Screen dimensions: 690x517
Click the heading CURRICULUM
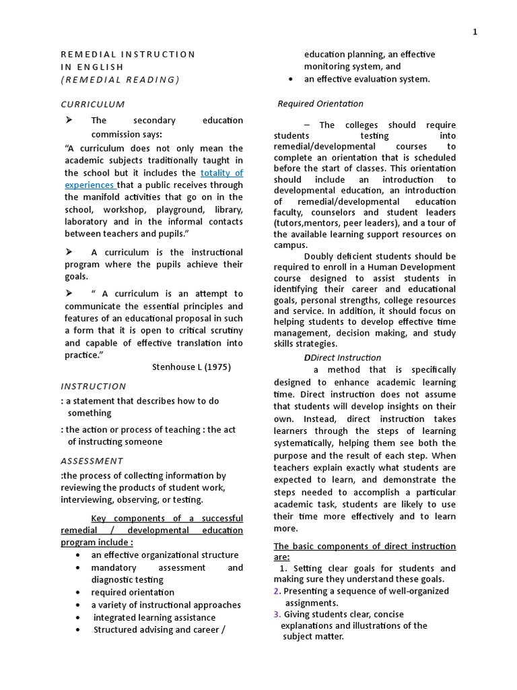coord(93,104)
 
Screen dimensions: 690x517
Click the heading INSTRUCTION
coord(93,386)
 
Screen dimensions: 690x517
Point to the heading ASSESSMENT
coord(92,461)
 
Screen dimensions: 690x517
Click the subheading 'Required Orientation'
coord(320,104)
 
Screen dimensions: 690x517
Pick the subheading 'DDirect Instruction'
coord(343,358)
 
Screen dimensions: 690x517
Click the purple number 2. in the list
coord(277,591)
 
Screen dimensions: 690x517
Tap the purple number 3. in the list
coord(277,615)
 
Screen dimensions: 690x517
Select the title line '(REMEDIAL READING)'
coord(120,80)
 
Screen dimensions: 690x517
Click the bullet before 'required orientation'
coord(79,593)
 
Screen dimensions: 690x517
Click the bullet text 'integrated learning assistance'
coord(154,617)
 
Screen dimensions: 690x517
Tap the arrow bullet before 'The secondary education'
coord(68,120)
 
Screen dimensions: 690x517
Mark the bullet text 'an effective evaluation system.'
coord(366,79)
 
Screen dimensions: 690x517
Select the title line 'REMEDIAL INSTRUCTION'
coord(128,55)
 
